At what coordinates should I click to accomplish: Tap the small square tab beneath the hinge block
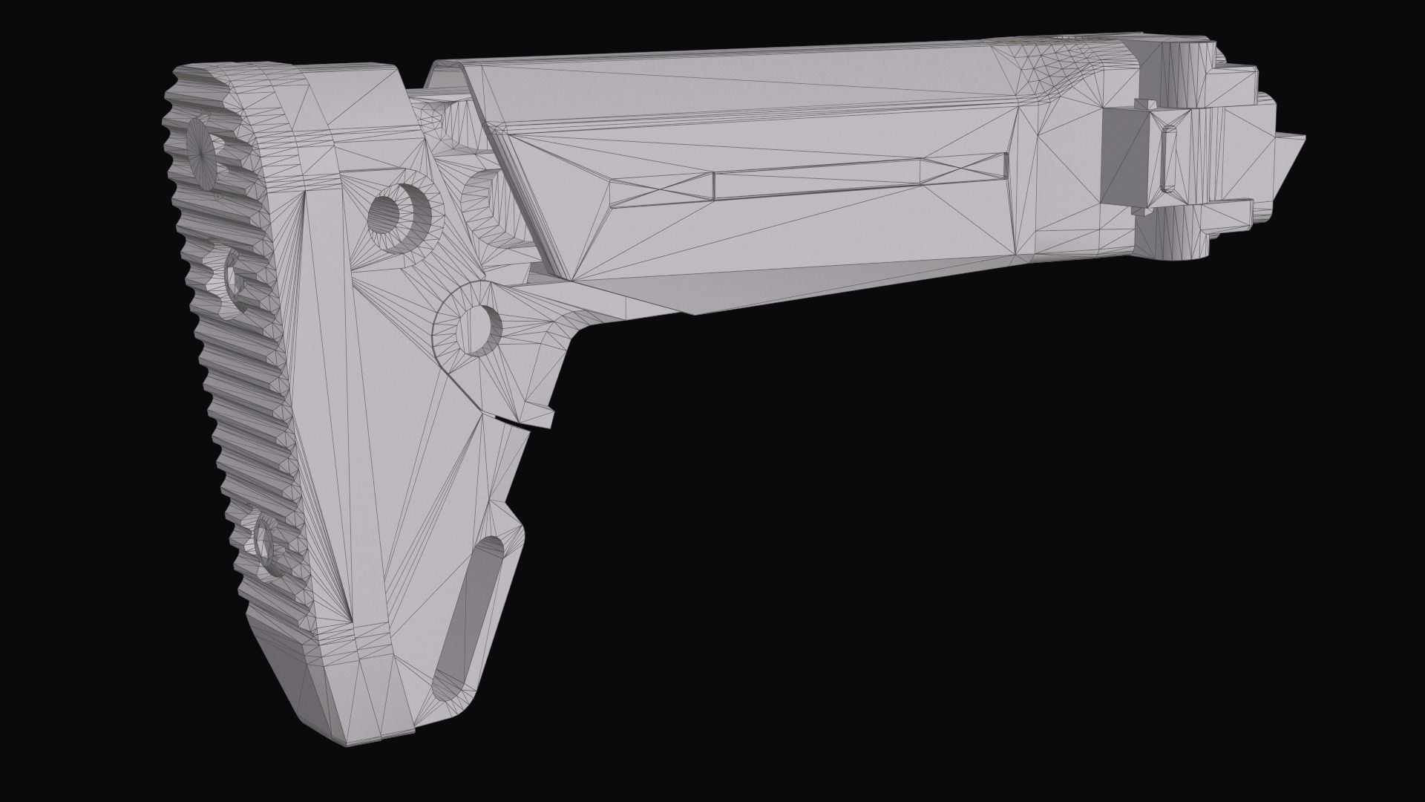[1147, 210]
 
